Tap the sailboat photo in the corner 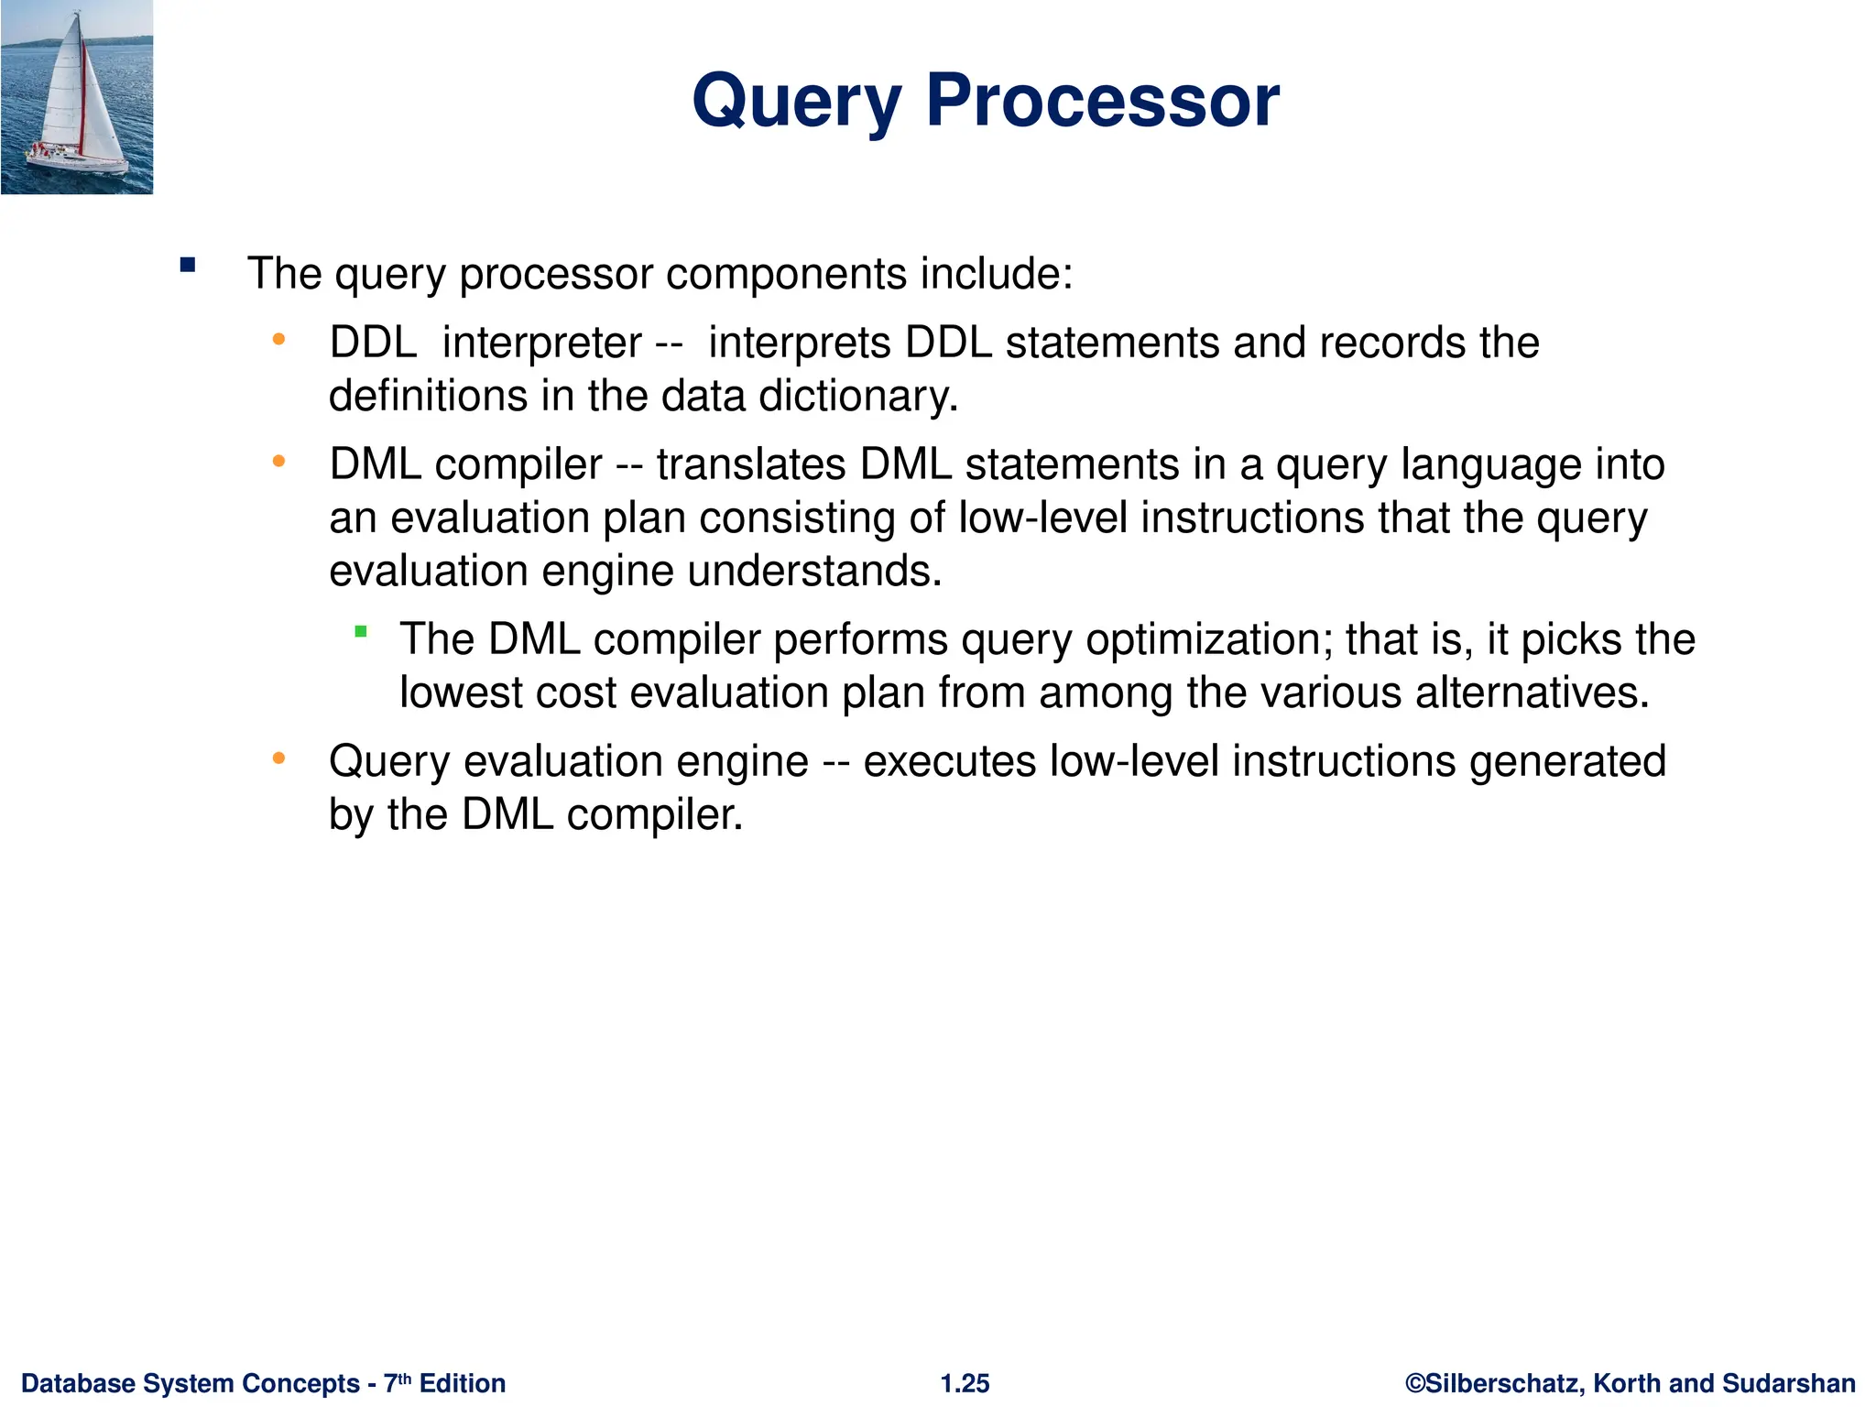(77, 97)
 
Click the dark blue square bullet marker (188, 266)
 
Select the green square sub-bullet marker (361, 631)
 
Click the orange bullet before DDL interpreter (278, 341)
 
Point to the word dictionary (857, 396)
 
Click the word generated (1567, 761)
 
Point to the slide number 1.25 (965, 1383)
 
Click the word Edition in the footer (463, 1383)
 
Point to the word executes (949, 761)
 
